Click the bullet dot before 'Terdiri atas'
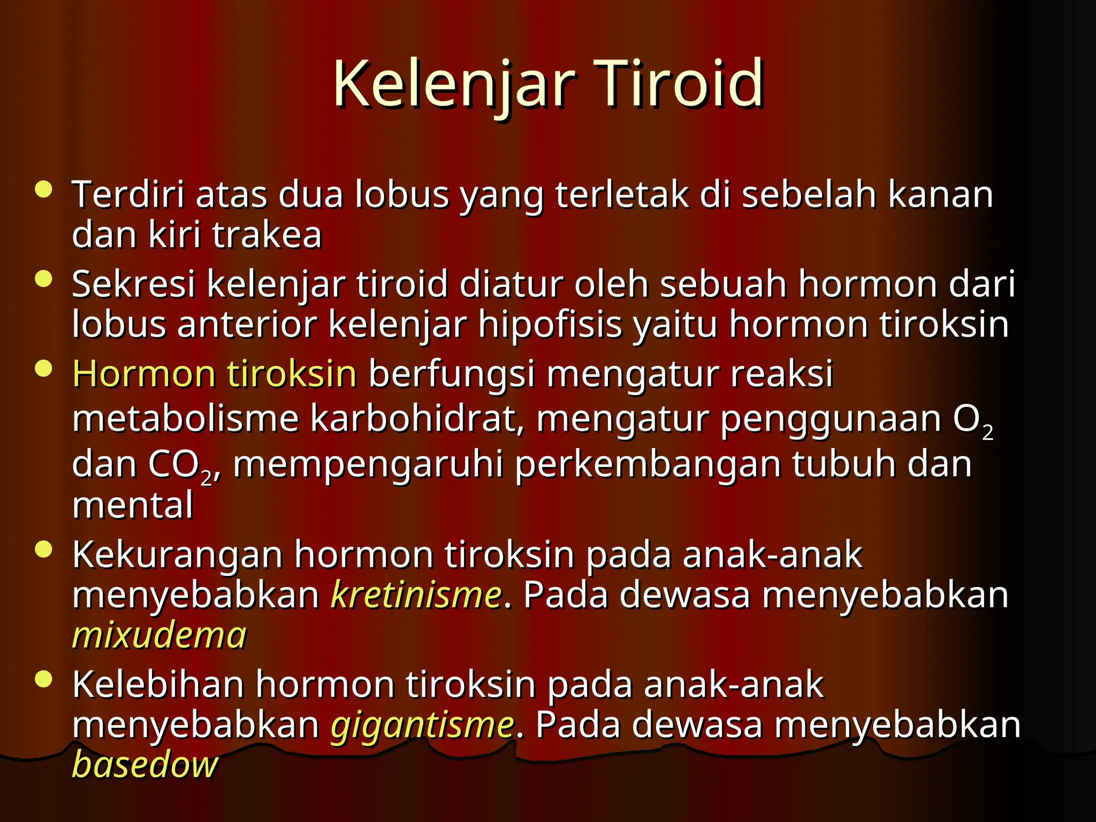[43, 189]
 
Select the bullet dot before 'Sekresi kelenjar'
[43, 279]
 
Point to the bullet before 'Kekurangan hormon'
[43, 549]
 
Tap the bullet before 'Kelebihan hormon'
[43, 679]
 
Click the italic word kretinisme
[416, 595]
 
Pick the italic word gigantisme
[422, 725]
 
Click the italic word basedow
[145, 764]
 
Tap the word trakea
[267, 235]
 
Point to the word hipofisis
[550, 325]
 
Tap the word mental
[132, 505]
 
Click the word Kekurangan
[177, 554]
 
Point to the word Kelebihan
[158, 684]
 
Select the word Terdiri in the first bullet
[128, 194]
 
